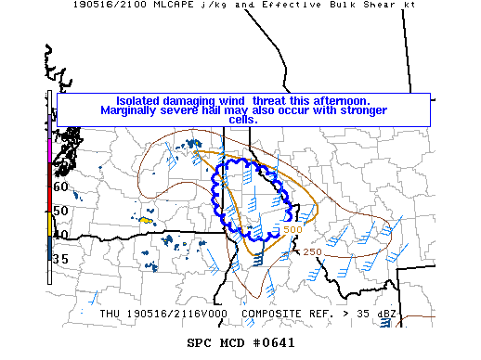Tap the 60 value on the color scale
61,186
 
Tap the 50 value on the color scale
61,212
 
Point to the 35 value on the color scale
61,259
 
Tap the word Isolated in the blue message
143,100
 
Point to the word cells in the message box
243,120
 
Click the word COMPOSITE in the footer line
272,314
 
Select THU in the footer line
111,314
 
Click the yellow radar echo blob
146,221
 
